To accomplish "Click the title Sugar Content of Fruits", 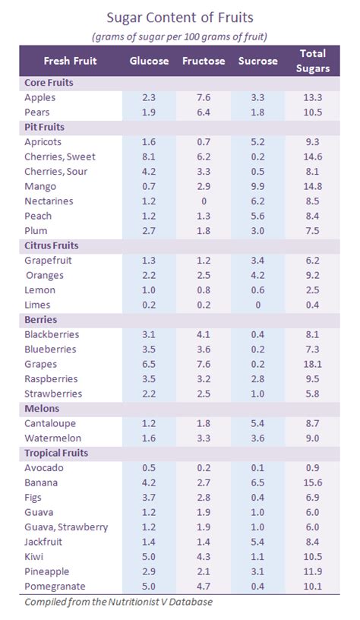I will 180,16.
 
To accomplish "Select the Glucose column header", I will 149,61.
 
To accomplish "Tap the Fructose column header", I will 204,61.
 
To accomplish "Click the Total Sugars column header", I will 313,61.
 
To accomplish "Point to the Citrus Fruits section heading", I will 52,245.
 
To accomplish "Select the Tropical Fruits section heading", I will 56,453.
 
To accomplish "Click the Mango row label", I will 40,186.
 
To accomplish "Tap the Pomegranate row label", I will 54,587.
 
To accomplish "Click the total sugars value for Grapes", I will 313,364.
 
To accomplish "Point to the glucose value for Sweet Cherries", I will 149,157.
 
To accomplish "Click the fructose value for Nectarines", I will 203,201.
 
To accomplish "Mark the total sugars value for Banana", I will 313,482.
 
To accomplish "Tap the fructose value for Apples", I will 203,97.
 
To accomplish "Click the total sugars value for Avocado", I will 313,468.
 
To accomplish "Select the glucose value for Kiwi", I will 149,557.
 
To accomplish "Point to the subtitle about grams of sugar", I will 180,35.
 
